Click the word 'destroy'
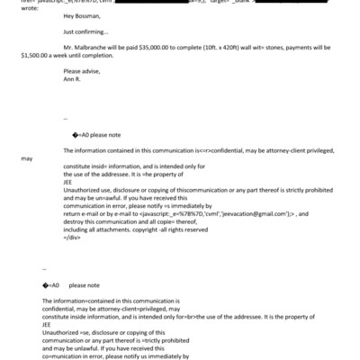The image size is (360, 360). [76, 220]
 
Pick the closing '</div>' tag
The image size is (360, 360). [72, 237]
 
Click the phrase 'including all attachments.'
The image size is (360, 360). [99, 229]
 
